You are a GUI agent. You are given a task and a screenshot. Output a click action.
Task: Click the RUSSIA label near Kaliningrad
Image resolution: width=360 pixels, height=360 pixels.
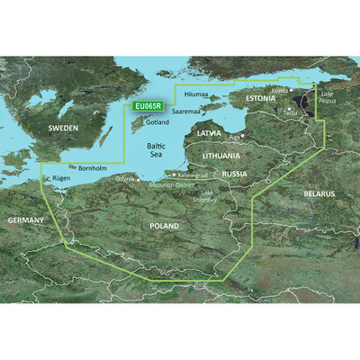point(235,174)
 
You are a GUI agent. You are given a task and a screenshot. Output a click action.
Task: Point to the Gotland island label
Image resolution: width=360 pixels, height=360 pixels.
point(157,121)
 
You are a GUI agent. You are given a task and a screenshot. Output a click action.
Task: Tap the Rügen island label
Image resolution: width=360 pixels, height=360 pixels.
point(55,178)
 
